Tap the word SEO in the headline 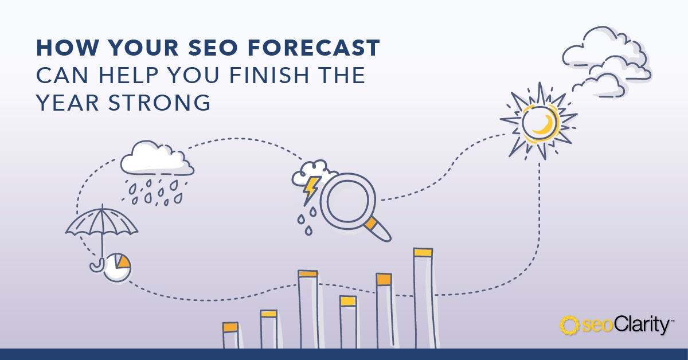tap(213, 48)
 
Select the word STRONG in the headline tap(159, 103)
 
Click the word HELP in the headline tap(128, 75)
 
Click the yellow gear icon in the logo tap(569, 325)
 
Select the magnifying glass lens tap(348, 201)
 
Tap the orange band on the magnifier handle tap(372, 224)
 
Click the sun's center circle tap(540, 122)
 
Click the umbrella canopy tap(101, 222)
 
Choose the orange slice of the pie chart tap(122, 261)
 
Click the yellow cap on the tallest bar tap(423, 252)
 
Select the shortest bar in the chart tap(230, 335)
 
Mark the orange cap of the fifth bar tap(384, 279)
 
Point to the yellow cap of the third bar tap(308, 273)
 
